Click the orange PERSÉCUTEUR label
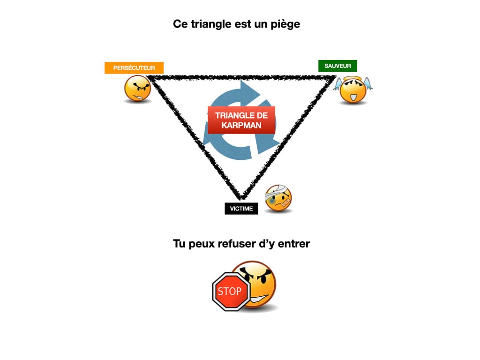134,68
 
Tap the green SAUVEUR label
337,66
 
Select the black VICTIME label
241,209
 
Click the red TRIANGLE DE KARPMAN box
241,120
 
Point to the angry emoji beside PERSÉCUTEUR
137,89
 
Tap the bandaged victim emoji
278,198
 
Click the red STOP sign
229,292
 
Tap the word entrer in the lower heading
293,244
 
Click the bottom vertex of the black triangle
241,197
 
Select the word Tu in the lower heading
179,244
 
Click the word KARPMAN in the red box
241,125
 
